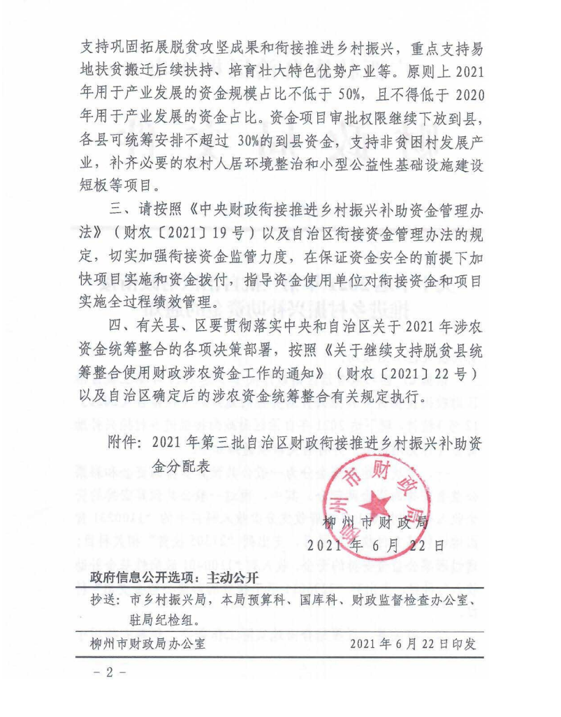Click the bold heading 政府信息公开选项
[143, 578]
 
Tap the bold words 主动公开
[230, 578]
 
